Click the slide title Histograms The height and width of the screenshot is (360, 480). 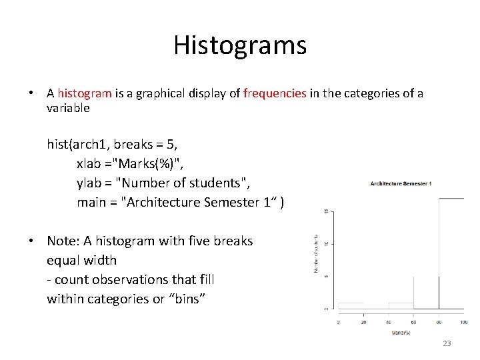point(240,45)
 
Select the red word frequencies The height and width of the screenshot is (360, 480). point(275,93)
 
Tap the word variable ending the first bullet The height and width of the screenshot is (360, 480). point(68,108)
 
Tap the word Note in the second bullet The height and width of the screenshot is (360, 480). point(61,241)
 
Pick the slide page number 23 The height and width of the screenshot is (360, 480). point(447,343)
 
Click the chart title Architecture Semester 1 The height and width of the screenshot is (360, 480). point(401,183)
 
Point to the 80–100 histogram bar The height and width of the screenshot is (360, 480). point(451,253)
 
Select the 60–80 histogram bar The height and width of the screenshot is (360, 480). point(426,293)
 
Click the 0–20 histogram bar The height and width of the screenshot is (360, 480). point(351,307)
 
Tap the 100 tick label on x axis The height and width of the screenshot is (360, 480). point(464,322)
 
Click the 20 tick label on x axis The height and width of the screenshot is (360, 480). point(363,322)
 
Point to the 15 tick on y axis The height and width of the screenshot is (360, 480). point(325,212)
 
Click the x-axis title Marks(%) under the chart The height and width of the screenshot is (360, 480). point(400,331)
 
